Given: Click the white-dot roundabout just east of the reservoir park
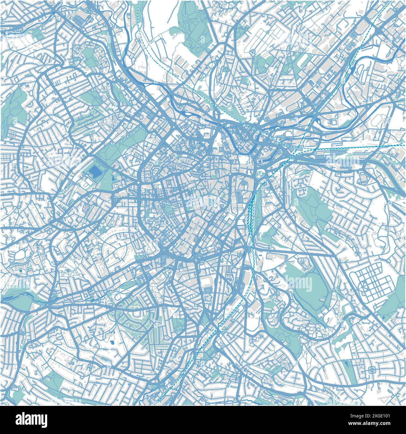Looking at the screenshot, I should (138, 182).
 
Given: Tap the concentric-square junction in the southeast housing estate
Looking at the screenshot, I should (372, 371).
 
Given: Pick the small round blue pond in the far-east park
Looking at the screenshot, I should (383, 318).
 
